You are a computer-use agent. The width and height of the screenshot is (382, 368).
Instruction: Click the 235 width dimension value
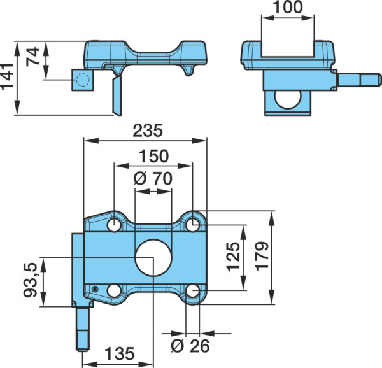coord(148,131)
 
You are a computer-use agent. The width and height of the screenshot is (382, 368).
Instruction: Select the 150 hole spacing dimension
coord(153,156)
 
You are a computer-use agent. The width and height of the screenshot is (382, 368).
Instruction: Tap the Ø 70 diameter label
coord(153,178)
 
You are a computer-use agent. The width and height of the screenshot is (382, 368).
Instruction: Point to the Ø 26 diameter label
coord(190,346)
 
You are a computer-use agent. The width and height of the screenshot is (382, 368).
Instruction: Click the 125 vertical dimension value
coord(234,257)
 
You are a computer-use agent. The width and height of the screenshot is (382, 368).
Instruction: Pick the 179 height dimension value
coord(262,256)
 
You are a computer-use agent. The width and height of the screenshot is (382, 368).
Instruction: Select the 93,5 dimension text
coord(31,280)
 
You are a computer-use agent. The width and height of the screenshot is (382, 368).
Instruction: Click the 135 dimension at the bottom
coord(120,353)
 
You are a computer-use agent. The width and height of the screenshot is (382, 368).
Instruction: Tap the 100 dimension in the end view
coord(288,7)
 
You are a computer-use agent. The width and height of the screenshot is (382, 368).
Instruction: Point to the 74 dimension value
coord(33,57)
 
